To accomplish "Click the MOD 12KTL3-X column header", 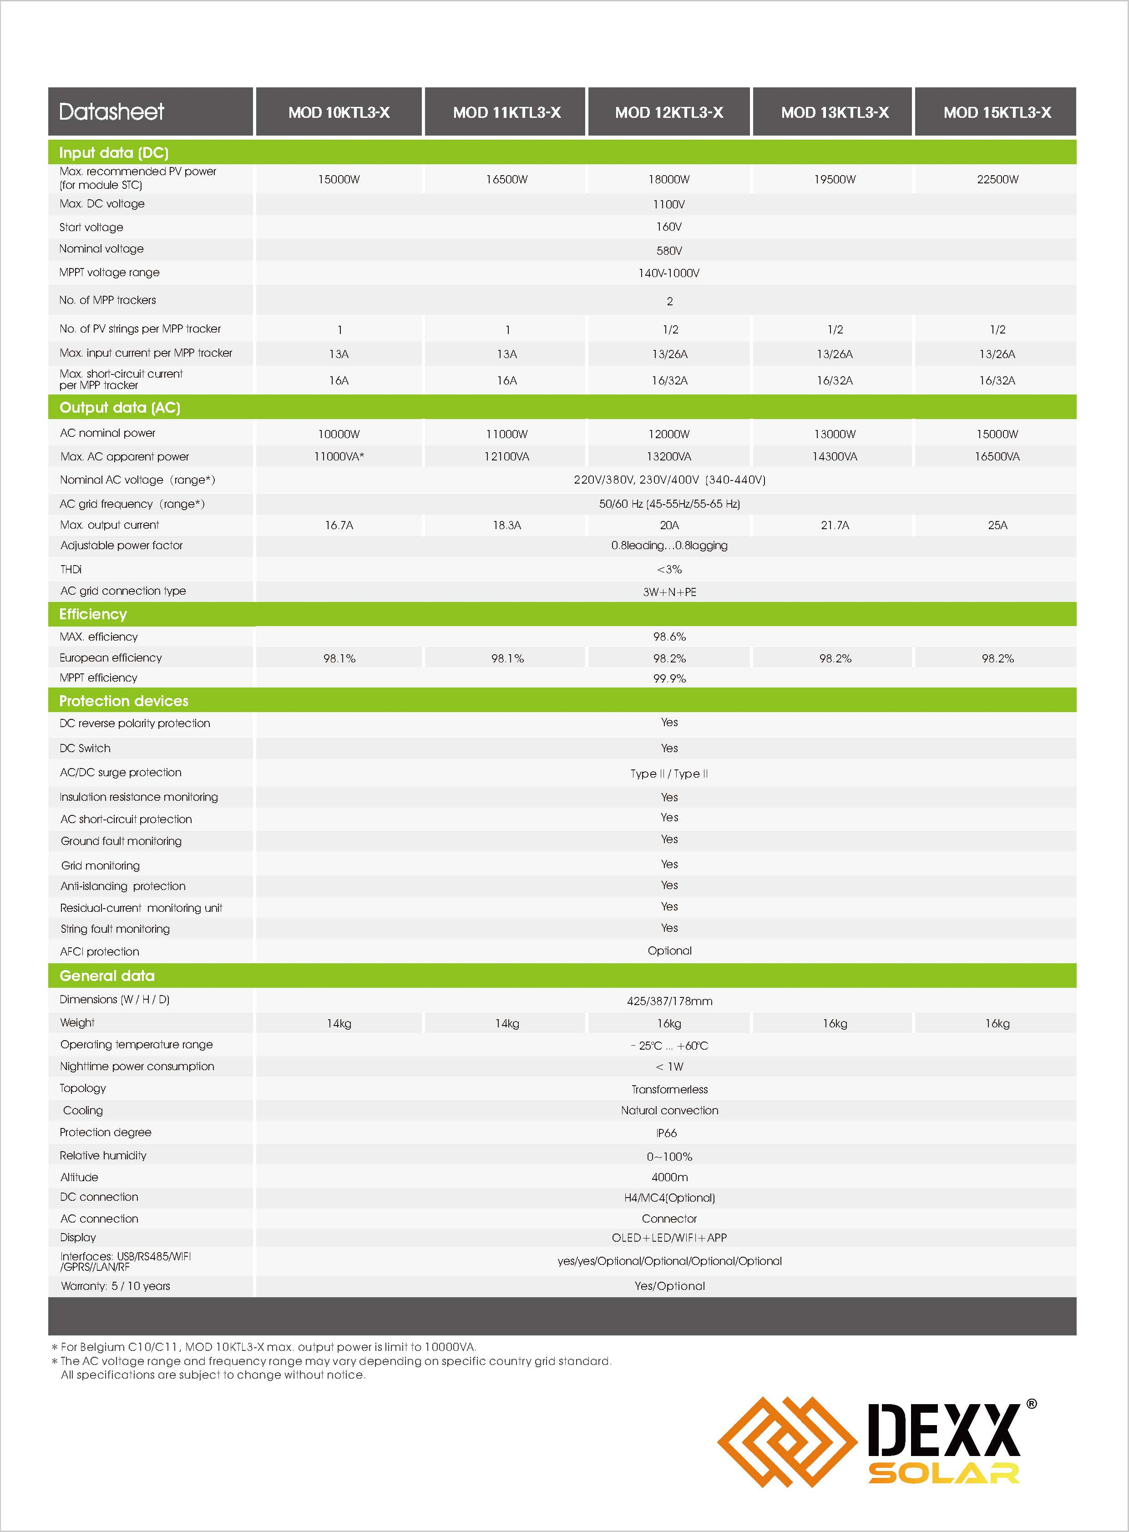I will [x=668, y=113].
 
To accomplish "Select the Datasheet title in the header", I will [x=111, y=112].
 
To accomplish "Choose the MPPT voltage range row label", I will [x=109, y=273].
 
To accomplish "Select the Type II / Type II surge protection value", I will [x=669, y=774].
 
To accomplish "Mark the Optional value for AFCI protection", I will [x=669, y=951].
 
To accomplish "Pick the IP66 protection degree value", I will [x=666, y=1133].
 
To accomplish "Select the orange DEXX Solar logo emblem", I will [x=786, y=1442].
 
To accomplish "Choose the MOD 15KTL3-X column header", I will [x=997, y=113].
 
